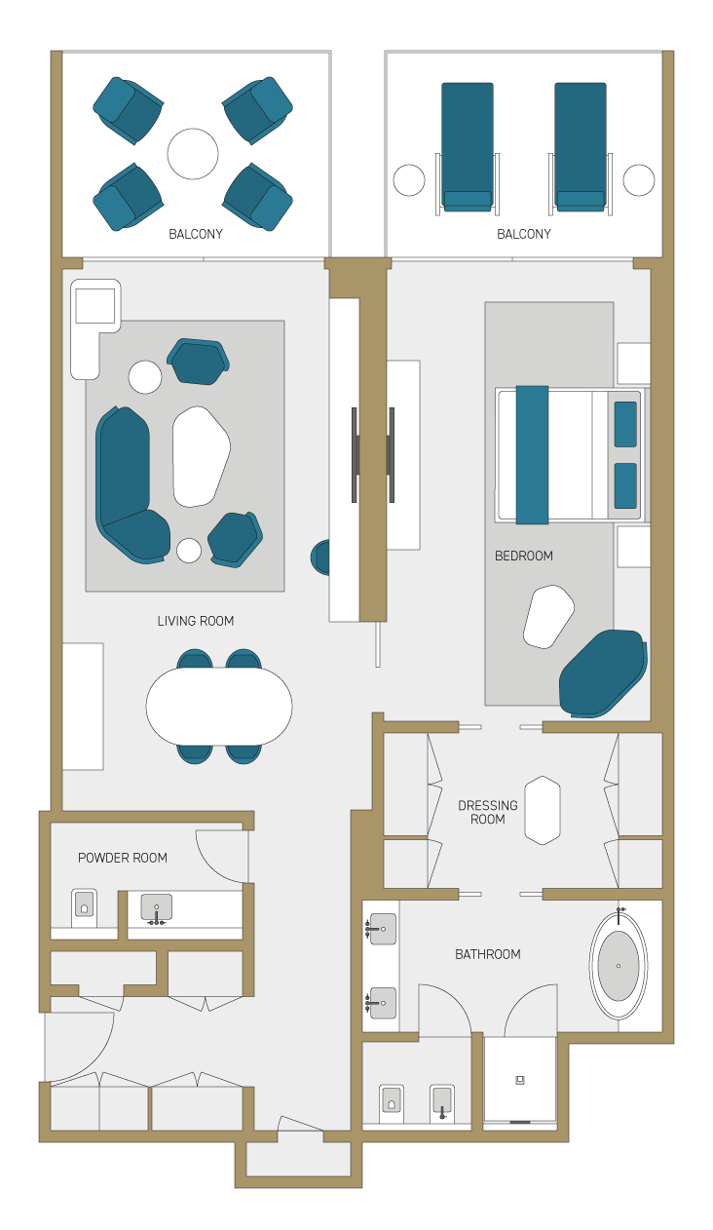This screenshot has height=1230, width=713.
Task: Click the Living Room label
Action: (x=196, y=621)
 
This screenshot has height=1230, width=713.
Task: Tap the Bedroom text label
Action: (x=524, y=556)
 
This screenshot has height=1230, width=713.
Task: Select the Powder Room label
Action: (x=123, y=858)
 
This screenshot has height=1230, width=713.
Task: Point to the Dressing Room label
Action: (x=487, y=812)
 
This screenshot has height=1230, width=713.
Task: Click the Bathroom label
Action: (x=487, y=954)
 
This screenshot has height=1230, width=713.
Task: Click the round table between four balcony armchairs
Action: (x=193, y=154)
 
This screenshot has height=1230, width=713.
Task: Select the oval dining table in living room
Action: (x=219, y=707)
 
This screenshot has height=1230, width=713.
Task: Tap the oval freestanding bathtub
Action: (x=619, y=966)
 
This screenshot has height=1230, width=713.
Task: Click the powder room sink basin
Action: (x=157, y=907)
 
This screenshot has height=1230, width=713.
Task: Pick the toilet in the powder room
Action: (x=84, y=908)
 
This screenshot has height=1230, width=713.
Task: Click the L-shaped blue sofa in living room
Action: (x=128, y=486)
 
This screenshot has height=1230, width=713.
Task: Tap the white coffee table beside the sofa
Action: (x=201, y=456)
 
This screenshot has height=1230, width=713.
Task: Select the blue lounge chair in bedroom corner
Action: (x=603, y=673)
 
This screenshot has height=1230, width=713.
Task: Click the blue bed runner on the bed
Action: (x=532, y=455)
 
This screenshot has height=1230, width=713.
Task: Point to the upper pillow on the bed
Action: (x=625, y=424)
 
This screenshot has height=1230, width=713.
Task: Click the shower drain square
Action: (x=520, y=1080)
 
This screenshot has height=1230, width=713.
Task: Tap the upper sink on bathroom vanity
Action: (x=383, y=929)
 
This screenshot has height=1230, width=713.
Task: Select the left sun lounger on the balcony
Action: (x=468, y=147)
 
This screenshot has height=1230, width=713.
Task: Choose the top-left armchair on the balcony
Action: (x=129, y=110)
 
